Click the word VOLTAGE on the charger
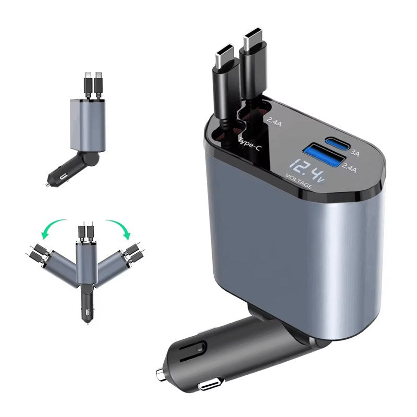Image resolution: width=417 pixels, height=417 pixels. pos(299,182)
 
